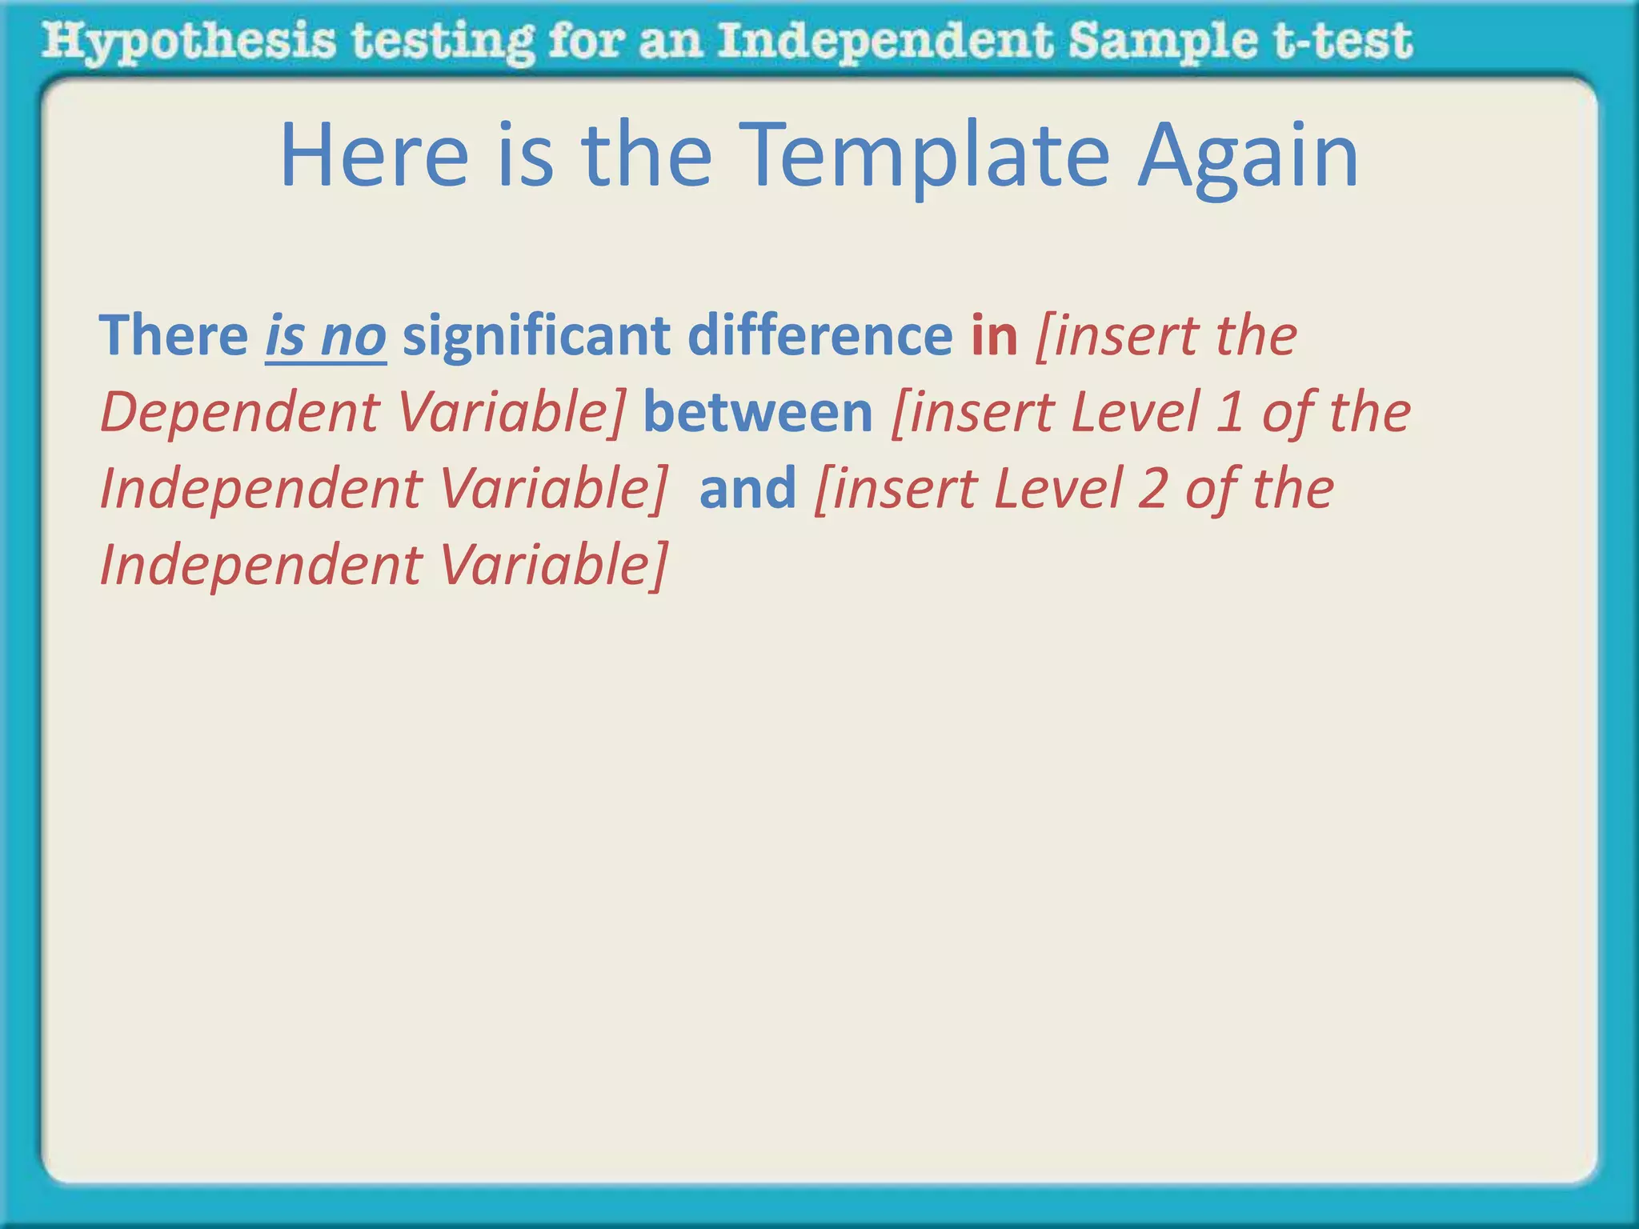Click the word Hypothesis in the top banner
coord(188,42)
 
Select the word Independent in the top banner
coord(885,42)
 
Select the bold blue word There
coord(173,335)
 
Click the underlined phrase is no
coord(326,335)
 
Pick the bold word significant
coord(535,335)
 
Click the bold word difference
coord(819,335)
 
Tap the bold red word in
coord(994,335)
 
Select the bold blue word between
coord(757,412)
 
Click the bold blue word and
coord(747,488)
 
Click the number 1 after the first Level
coord(1228,412)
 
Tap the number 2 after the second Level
coord(1152,488)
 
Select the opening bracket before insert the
coord(1043,337)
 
